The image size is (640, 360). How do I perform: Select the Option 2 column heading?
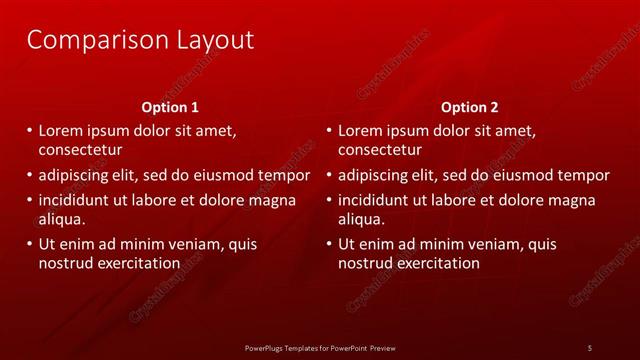coord(469,106)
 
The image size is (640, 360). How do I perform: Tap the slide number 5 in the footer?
coord(590,348)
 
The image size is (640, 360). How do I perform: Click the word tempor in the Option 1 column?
coord(284,175)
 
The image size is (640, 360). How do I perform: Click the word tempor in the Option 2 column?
coord(584,175)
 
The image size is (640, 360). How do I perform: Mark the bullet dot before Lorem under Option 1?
coord(27,131)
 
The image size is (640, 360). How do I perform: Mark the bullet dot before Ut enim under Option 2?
coord(327,244)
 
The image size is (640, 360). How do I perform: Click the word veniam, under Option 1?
coord(198,244)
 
